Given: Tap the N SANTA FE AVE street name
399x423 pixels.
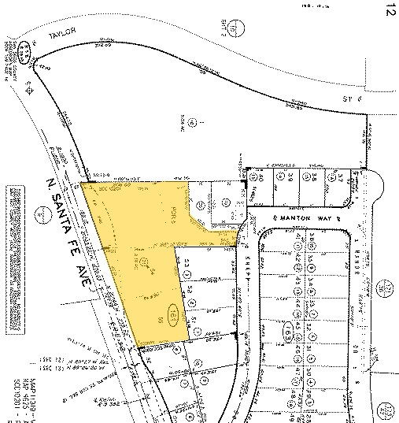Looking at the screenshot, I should click(x=72, y=228).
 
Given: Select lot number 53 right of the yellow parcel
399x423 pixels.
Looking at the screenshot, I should click(x=190, y=265).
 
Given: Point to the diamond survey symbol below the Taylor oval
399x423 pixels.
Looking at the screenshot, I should click(x=31, y=90).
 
